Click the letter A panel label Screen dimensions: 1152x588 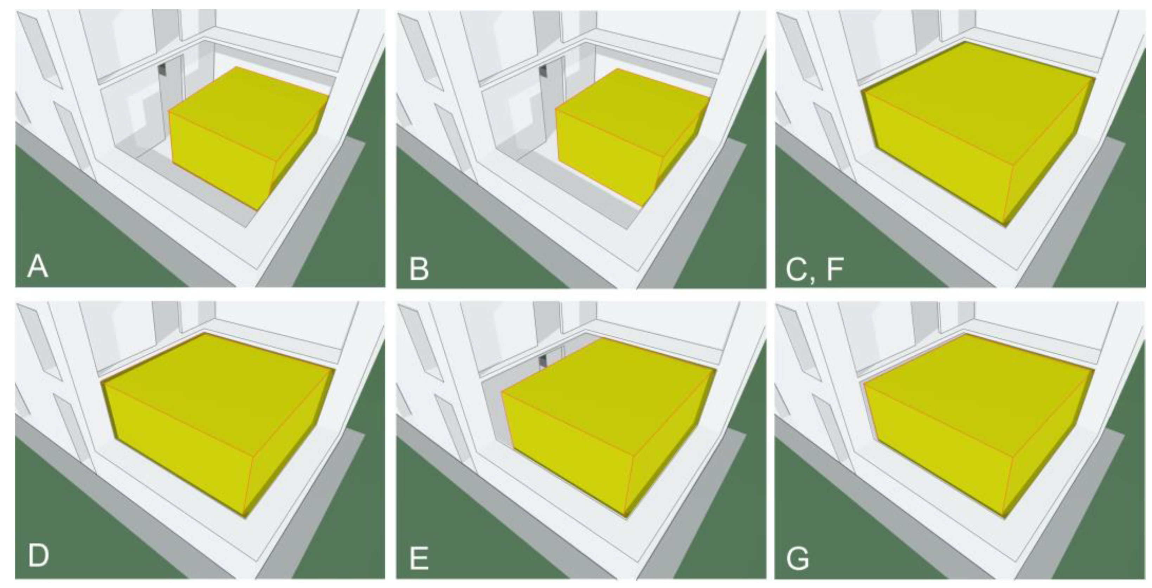tap(38, 267)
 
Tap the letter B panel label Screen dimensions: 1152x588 tap(419, 268)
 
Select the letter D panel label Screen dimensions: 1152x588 tap(38, 556)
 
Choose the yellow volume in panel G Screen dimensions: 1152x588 tap(979, 425)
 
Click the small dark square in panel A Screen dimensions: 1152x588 tap(162, 70)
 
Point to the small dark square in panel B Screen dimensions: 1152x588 tap(543, 71)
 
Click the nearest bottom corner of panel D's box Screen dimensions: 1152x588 tap(245, 517)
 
